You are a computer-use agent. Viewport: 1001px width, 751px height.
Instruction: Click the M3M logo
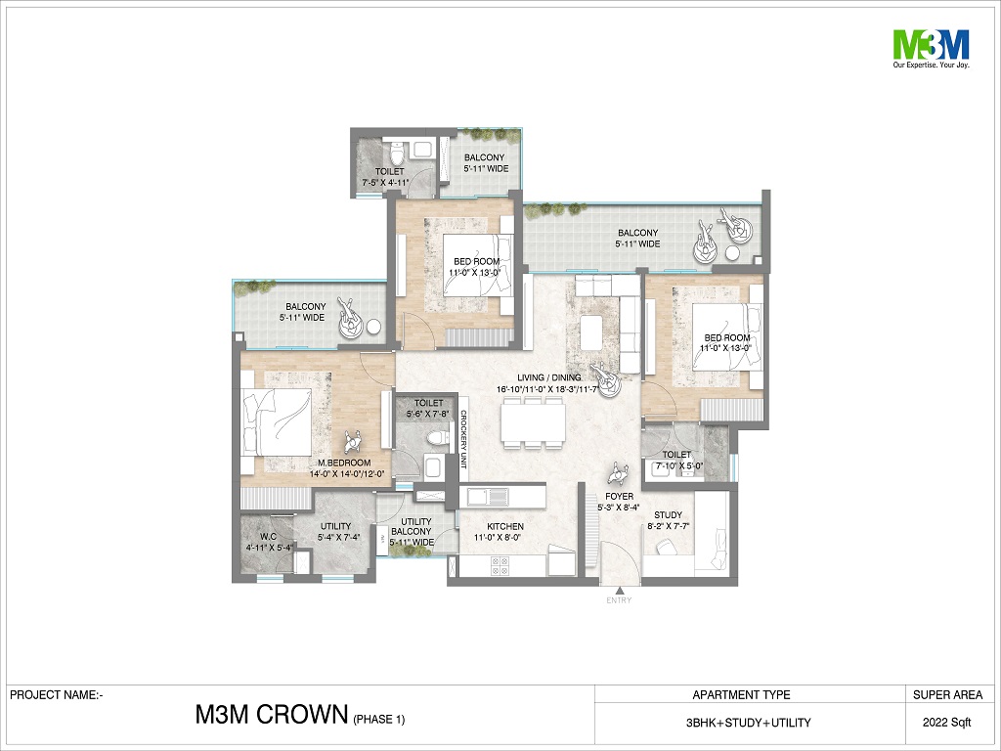click(931, 49)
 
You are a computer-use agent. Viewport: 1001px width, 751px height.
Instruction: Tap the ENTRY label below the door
click(619, 600)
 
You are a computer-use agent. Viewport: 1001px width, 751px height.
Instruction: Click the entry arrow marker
click(619, 590)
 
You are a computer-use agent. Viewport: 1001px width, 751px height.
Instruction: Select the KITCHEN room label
click(505, 526)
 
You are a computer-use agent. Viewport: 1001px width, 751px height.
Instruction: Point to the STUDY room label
click(668, 514)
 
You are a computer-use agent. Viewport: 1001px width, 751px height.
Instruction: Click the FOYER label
click(619, 496)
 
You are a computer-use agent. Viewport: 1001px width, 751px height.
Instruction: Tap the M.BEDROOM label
click(344, 463)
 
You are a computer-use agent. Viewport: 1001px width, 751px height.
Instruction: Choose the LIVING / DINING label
click(548, 377)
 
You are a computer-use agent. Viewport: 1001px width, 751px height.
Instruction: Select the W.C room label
click(268, 537)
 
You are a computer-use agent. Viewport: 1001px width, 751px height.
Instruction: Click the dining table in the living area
click(533, 422)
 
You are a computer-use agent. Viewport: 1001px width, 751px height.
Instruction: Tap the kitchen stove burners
click(499, 564)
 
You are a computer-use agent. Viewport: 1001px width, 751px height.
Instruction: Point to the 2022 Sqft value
click(946, 723)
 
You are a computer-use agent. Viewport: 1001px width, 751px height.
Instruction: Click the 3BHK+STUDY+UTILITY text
click(748, 723)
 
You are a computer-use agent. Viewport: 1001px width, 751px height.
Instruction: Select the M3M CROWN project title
click(272, 715)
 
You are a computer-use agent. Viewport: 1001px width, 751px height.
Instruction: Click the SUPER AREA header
click(947, 695)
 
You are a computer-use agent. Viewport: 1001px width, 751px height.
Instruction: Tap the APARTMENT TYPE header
click(741, 695)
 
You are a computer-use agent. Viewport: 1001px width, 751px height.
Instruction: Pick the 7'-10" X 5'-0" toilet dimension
click(676, 465)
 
